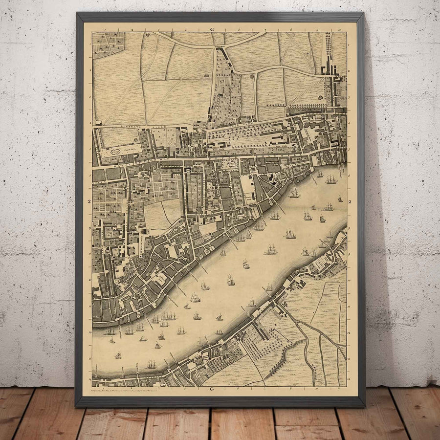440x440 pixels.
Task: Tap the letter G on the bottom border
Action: tap(212, 389)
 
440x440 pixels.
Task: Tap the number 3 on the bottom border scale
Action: tap(159, 389)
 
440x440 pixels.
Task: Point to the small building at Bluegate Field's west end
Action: tap(98, 122)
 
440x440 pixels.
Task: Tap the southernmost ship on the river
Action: tap(151, 364)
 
